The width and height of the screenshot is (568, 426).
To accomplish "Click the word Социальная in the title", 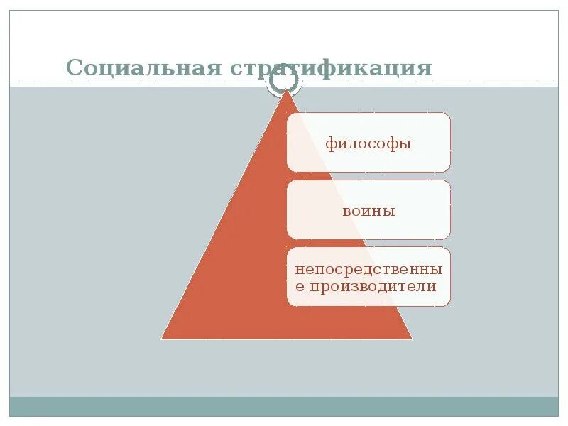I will pos(143,68).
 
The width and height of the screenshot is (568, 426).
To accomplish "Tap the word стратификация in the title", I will pos(331,70).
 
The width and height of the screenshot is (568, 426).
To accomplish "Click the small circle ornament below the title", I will pos(284,82).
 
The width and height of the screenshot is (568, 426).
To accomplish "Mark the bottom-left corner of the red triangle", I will pos(162,339).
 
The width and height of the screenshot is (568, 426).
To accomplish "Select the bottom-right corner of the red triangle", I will pos(412,339).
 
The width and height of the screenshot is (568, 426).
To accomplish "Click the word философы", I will pos(368,143).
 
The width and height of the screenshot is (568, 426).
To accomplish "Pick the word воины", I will pos(368,211).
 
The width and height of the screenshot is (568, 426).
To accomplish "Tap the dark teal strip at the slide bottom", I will pos(284,406).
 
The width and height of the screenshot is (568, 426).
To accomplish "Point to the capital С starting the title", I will pos(75,68).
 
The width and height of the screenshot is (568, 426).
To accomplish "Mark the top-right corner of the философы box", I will pos(449,114).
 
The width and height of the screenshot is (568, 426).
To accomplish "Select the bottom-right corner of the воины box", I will pos(449,238).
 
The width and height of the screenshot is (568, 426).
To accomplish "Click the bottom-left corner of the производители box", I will pos(288,305).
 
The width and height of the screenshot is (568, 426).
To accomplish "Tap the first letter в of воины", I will pos(347,212).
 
